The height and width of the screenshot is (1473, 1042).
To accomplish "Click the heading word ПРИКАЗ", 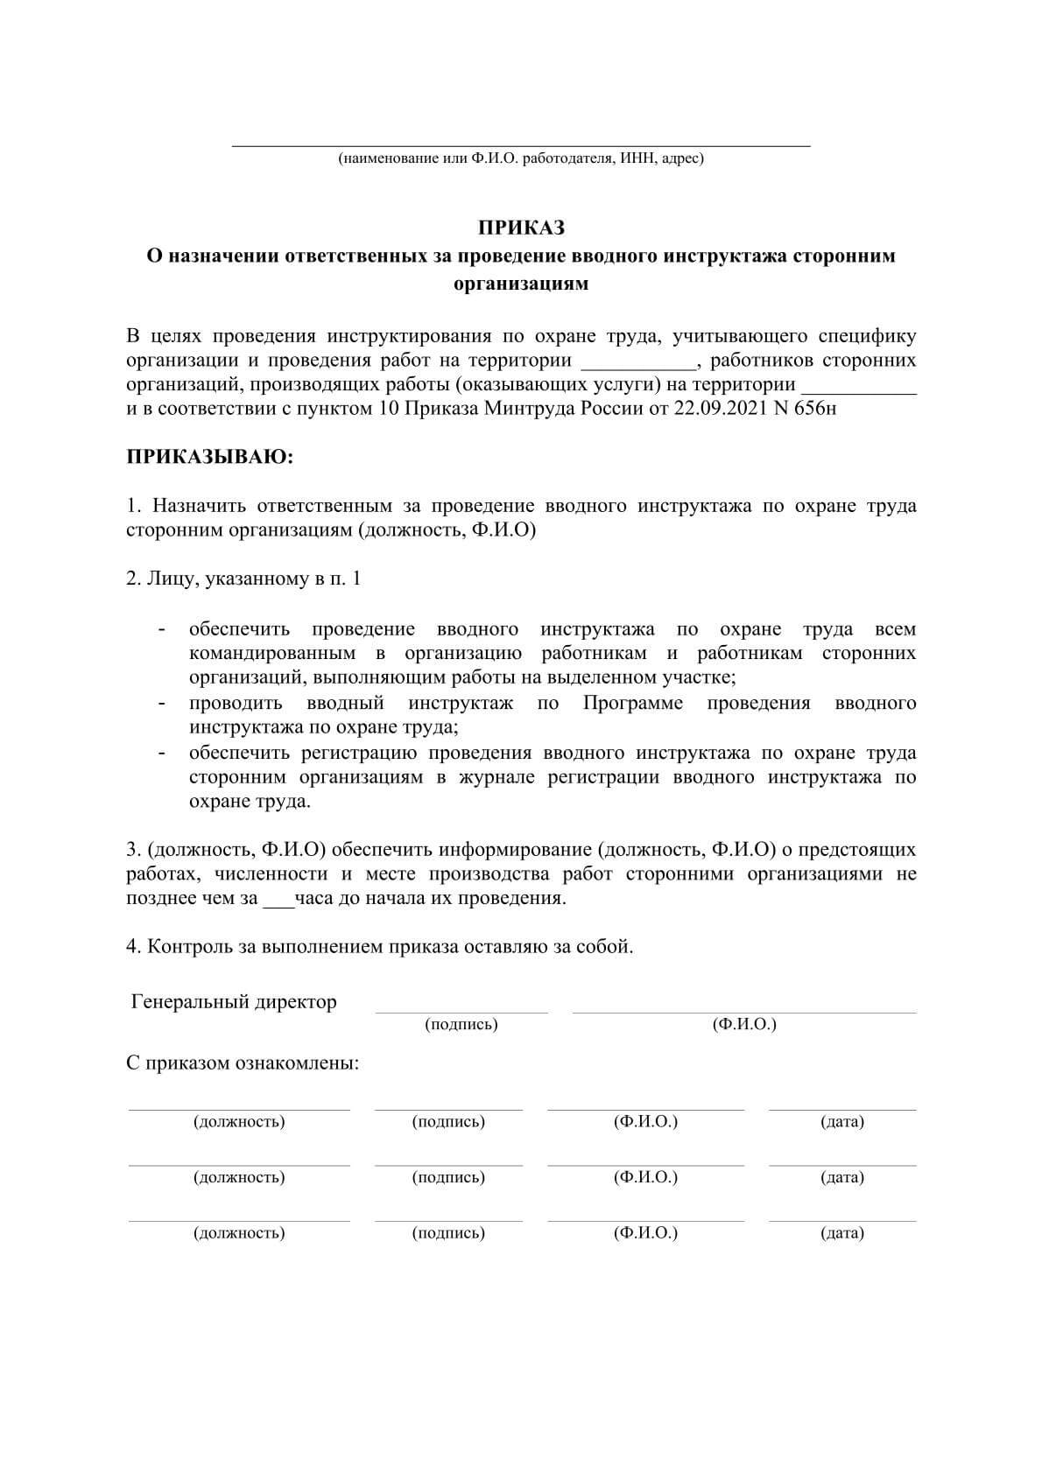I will [521, 228].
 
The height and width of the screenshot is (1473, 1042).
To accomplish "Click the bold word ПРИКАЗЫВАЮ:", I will [210, 457].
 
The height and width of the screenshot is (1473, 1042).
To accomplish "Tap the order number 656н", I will [813, 409].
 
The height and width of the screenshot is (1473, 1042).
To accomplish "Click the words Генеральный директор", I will [234, 1002].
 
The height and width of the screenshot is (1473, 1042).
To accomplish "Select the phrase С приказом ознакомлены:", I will [243, 1063].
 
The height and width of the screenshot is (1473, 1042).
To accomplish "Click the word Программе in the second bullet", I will [633, 703].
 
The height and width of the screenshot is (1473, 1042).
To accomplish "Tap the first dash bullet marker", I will [161, 629].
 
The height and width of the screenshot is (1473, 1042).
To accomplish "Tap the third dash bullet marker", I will [161, 753].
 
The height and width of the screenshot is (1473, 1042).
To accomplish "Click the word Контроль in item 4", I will [190, 946].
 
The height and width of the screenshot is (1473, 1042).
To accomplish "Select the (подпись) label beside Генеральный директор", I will [461, 1024].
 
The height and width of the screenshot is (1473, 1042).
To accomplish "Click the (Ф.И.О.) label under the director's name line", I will [744, 1024].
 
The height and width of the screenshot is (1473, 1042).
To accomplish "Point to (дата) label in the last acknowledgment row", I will [842, 1233].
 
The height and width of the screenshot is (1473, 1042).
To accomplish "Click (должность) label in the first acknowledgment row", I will [239, 1122].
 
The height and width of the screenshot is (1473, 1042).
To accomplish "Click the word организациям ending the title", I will [521, 284].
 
